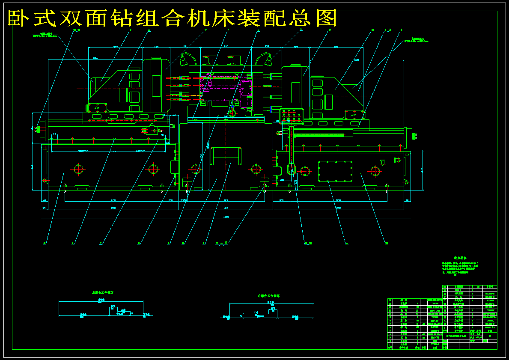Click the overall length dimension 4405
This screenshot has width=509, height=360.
point(226,217)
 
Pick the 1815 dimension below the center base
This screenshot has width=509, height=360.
point(226,208)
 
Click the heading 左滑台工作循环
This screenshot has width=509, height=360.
point(103,292)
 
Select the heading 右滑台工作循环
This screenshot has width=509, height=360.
point(268,296)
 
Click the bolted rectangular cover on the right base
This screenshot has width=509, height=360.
point(335,171)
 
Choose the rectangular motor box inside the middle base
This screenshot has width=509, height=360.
point(227,156)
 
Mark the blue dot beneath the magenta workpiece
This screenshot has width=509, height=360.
point(232,106)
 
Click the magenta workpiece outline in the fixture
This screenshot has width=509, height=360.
point(246,90)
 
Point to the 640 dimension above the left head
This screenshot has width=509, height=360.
point(116,46)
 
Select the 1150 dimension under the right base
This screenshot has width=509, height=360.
point(338,200)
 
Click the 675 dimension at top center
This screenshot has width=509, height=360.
point(226,46)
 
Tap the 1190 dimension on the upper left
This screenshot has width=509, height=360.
point(95,58)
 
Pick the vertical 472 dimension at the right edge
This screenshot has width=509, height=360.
point(421,170)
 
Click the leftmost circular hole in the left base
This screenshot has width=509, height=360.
point(78,169)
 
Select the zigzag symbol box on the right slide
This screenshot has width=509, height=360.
point(354,115)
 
